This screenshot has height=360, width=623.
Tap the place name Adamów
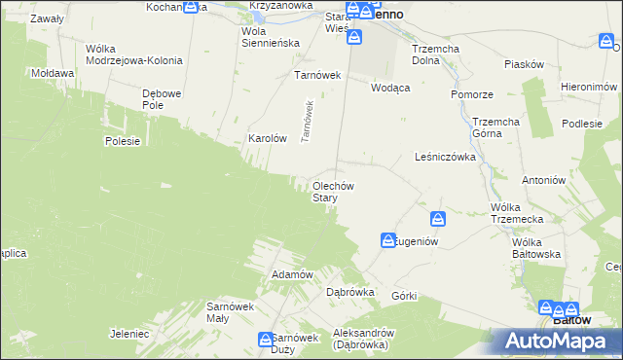click(x=292, y=274)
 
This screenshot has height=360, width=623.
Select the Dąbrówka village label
click(x=350, y=292)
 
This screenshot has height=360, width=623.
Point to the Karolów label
click(x=268, y=139)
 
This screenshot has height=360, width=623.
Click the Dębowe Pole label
click(x=163, y=100)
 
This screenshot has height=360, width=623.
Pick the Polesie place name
click(x=124, y=141)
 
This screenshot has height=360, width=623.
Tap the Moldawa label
click(x=53, y=73)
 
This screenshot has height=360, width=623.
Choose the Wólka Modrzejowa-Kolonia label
click(x=133, y=54)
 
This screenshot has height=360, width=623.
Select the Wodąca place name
click(x=390, y=87)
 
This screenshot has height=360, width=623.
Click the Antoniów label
click(x=543, y=180)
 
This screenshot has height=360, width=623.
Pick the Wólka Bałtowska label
click(x=540, y=248)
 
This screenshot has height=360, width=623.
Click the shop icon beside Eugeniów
click(x=388, y=239)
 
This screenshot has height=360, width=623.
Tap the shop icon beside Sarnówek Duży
click(x=266, y=340)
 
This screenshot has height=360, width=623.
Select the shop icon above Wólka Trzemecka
click(x=438, y=220)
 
